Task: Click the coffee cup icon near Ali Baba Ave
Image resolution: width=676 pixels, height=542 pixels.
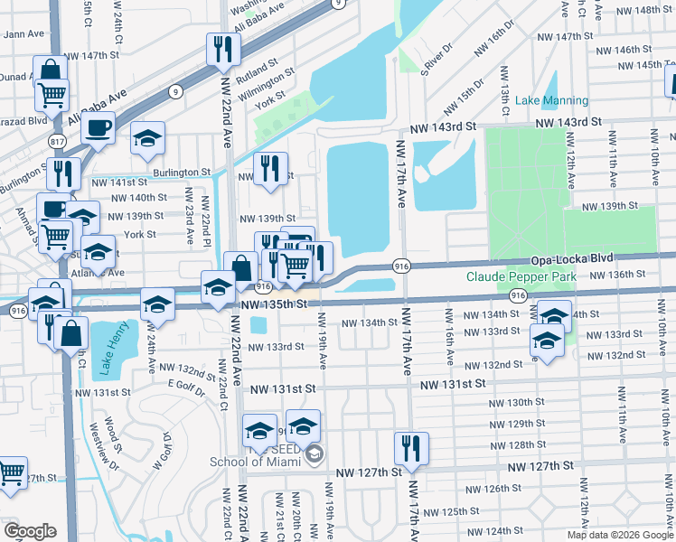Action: coord(99,128)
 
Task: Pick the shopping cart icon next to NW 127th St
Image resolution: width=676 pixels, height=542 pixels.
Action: coord(11,473)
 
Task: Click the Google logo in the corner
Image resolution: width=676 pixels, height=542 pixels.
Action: coord(30,531)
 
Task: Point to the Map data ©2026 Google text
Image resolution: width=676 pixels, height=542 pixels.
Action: coord(619,535)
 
